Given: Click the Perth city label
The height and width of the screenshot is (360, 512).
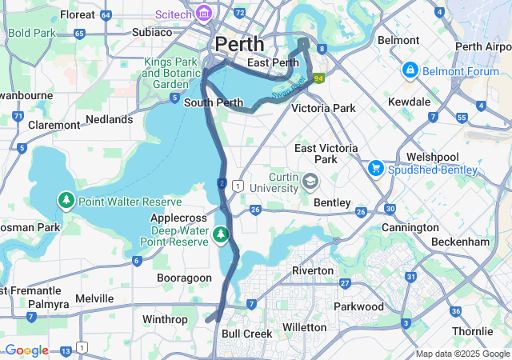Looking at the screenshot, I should tap(238, 43).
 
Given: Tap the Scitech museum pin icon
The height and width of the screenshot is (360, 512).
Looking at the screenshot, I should tap(204, 13).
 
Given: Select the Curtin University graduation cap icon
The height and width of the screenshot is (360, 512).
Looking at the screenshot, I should tap(309, 182).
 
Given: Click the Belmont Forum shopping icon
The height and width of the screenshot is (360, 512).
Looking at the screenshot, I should tap(410, 70).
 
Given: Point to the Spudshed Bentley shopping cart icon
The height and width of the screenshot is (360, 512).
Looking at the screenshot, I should tap(375, 169).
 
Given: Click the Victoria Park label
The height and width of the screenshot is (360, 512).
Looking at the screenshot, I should tap(323, 107).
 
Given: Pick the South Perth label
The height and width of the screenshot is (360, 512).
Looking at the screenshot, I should tap(214, 103).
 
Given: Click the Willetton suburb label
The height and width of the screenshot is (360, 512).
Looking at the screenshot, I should tap(305, 327).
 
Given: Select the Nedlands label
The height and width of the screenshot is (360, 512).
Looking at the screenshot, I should tap(110, 119).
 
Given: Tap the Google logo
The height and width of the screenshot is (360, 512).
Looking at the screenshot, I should tap(26, 350).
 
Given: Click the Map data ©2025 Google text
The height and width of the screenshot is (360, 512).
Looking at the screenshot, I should tap(462, 354).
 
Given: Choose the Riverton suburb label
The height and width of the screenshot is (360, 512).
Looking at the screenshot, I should tap(313, 270).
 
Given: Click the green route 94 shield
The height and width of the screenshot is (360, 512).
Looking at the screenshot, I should tap(318, 78).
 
